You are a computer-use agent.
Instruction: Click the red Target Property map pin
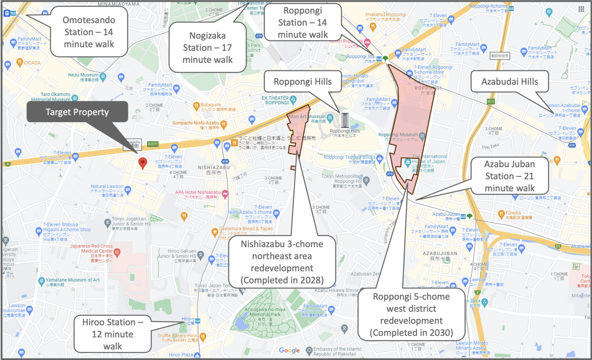(143, 163)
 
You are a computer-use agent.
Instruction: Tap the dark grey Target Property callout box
(77, 112)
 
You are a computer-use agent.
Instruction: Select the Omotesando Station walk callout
(89, 32)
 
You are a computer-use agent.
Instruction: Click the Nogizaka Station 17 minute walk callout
(207, 47)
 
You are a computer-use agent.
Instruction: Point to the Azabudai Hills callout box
(510, 81)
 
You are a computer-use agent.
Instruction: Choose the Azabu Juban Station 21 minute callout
(510, 176)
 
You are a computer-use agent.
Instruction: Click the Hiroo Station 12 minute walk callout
(113, 334)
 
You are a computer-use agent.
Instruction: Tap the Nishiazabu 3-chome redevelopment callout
(282, 262)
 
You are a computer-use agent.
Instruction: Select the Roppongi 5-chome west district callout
(411, 314)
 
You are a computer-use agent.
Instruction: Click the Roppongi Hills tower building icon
(345, 120)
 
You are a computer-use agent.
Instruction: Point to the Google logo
(289, 350)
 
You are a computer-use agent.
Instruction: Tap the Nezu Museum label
(83, 75)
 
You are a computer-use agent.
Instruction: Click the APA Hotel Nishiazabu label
(198, 192)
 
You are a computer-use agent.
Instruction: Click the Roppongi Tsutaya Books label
(350, 157)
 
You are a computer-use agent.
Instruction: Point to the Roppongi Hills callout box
(303, 82)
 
